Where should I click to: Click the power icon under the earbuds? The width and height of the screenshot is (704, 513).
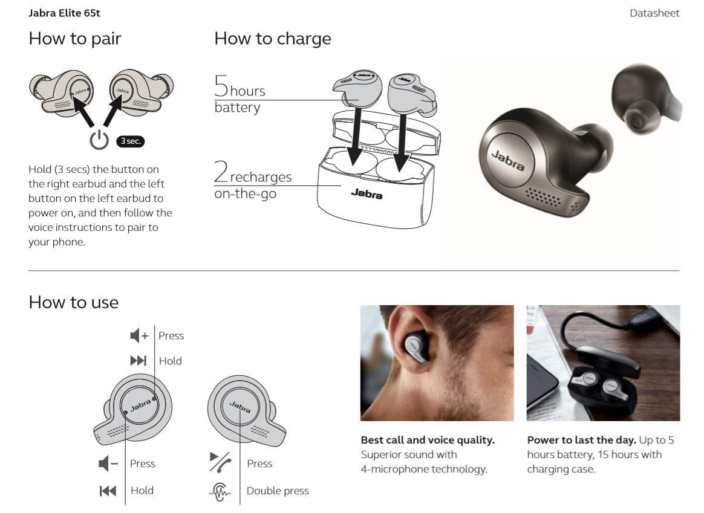(99, 140)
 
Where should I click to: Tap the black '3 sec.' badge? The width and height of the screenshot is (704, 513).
(131, 141)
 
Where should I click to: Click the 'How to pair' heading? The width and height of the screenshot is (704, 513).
(75, 39)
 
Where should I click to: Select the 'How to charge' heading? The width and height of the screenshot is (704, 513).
(273, 39)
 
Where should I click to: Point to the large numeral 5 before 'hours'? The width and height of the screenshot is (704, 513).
(221, 86)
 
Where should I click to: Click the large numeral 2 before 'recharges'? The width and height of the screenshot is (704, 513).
(221, 171)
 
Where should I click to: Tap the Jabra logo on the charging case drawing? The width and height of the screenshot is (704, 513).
(367, 193)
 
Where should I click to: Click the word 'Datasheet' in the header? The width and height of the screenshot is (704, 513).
(654, 13)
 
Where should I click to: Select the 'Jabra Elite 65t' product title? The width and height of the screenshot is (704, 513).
(64, 13)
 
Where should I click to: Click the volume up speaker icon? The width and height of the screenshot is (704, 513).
(139, 335)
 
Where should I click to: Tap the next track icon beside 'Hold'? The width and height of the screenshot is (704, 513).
(139, 361)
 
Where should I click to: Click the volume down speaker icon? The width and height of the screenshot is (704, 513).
(108, 463)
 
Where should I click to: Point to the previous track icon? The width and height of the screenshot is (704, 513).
(108, 491)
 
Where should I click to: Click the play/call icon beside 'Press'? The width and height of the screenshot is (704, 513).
(220, 462)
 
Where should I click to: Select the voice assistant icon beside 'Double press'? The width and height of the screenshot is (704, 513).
(220, 492)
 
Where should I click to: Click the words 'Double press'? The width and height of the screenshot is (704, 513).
(278, 491)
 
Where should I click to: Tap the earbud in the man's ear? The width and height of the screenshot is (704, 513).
(416, 347)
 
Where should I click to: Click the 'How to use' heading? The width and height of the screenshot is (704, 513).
(74, 302)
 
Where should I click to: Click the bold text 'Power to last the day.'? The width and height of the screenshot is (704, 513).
(581, 440)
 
